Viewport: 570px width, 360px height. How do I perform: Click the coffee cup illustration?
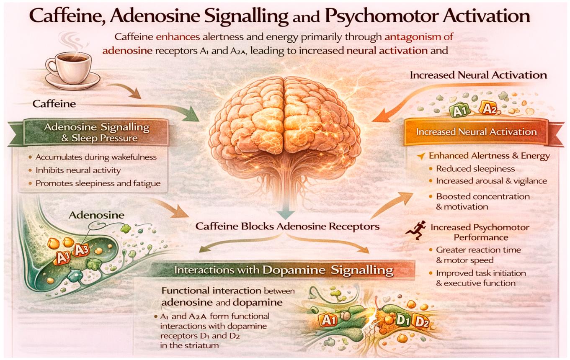coord(72,70)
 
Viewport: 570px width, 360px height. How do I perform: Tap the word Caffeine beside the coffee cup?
coord(54,104)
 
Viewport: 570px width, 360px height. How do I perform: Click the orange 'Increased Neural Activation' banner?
coord(476,132)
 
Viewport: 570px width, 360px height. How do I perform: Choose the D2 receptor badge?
coord(422,323)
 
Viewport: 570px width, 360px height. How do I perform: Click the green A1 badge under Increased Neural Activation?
coord(458,111)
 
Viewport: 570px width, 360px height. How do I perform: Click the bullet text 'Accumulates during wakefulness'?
coord(96,157)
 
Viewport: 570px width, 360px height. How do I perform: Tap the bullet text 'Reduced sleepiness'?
coord(475,169)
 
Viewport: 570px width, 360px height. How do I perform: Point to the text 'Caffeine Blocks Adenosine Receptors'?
coord(287,226)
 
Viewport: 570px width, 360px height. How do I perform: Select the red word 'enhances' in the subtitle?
coord(178,37)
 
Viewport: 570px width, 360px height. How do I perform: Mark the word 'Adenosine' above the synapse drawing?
coord(96,215)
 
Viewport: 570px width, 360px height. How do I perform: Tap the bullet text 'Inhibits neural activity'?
coord(78,170)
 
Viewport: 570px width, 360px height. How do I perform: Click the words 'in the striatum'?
coord(190,345)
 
